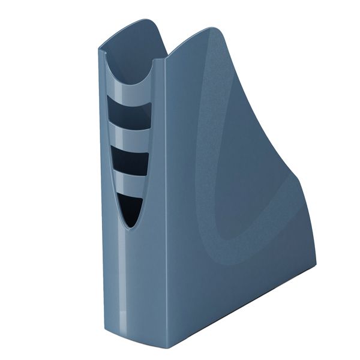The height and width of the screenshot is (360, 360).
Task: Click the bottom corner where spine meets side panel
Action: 170,347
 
